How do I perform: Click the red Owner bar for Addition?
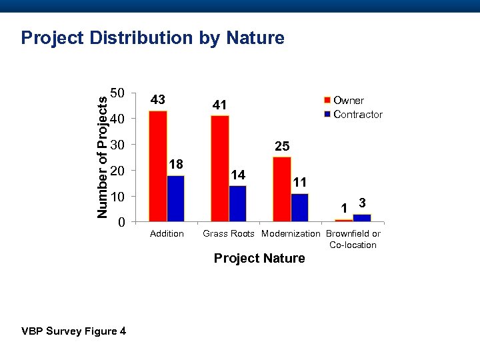click(x=158, y=166)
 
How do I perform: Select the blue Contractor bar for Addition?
click(x=175, y=198)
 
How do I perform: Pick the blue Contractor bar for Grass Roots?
click(x=237, y=203)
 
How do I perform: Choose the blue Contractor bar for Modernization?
click(x=300, y=207)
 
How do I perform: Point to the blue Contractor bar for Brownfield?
click(x=362, y=218)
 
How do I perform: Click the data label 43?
click(x=158, y=100)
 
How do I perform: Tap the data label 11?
click(x=300, y=181)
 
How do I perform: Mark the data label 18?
click(x=176, y=164)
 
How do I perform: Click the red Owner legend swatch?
click(x=327, y=101)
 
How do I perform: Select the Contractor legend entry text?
click(x=358, y=115)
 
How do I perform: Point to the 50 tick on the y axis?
click(x=117, y=93)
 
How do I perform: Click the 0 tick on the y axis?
click(x=121, y=222)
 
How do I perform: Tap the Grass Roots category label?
click(x=228, y=234)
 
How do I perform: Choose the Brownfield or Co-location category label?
click(x=353, y=239)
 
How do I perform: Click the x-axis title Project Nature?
click(x=259, y=259)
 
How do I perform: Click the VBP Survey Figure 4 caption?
click(x=73, y=331)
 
